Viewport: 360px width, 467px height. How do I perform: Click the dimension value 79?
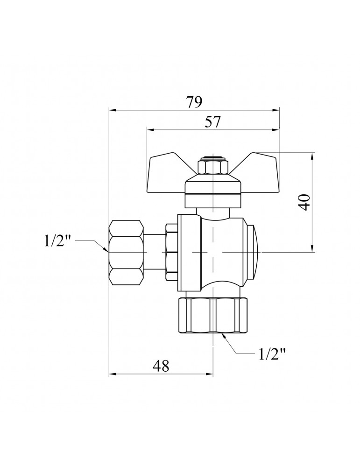click(x=194, y=102)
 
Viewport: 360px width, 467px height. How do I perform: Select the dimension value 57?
click(x=212, y=122)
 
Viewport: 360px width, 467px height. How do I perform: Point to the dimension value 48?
click(x=161, y=366)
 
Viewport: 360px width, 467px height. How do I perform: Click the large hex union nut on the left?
click(x=126, y=252)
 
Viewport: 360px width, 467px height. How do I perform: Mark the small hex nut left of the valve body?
click(x=172, y=252)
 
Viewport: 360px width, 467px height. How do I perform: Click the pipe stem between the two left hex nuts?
click(x=155, y=252)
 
